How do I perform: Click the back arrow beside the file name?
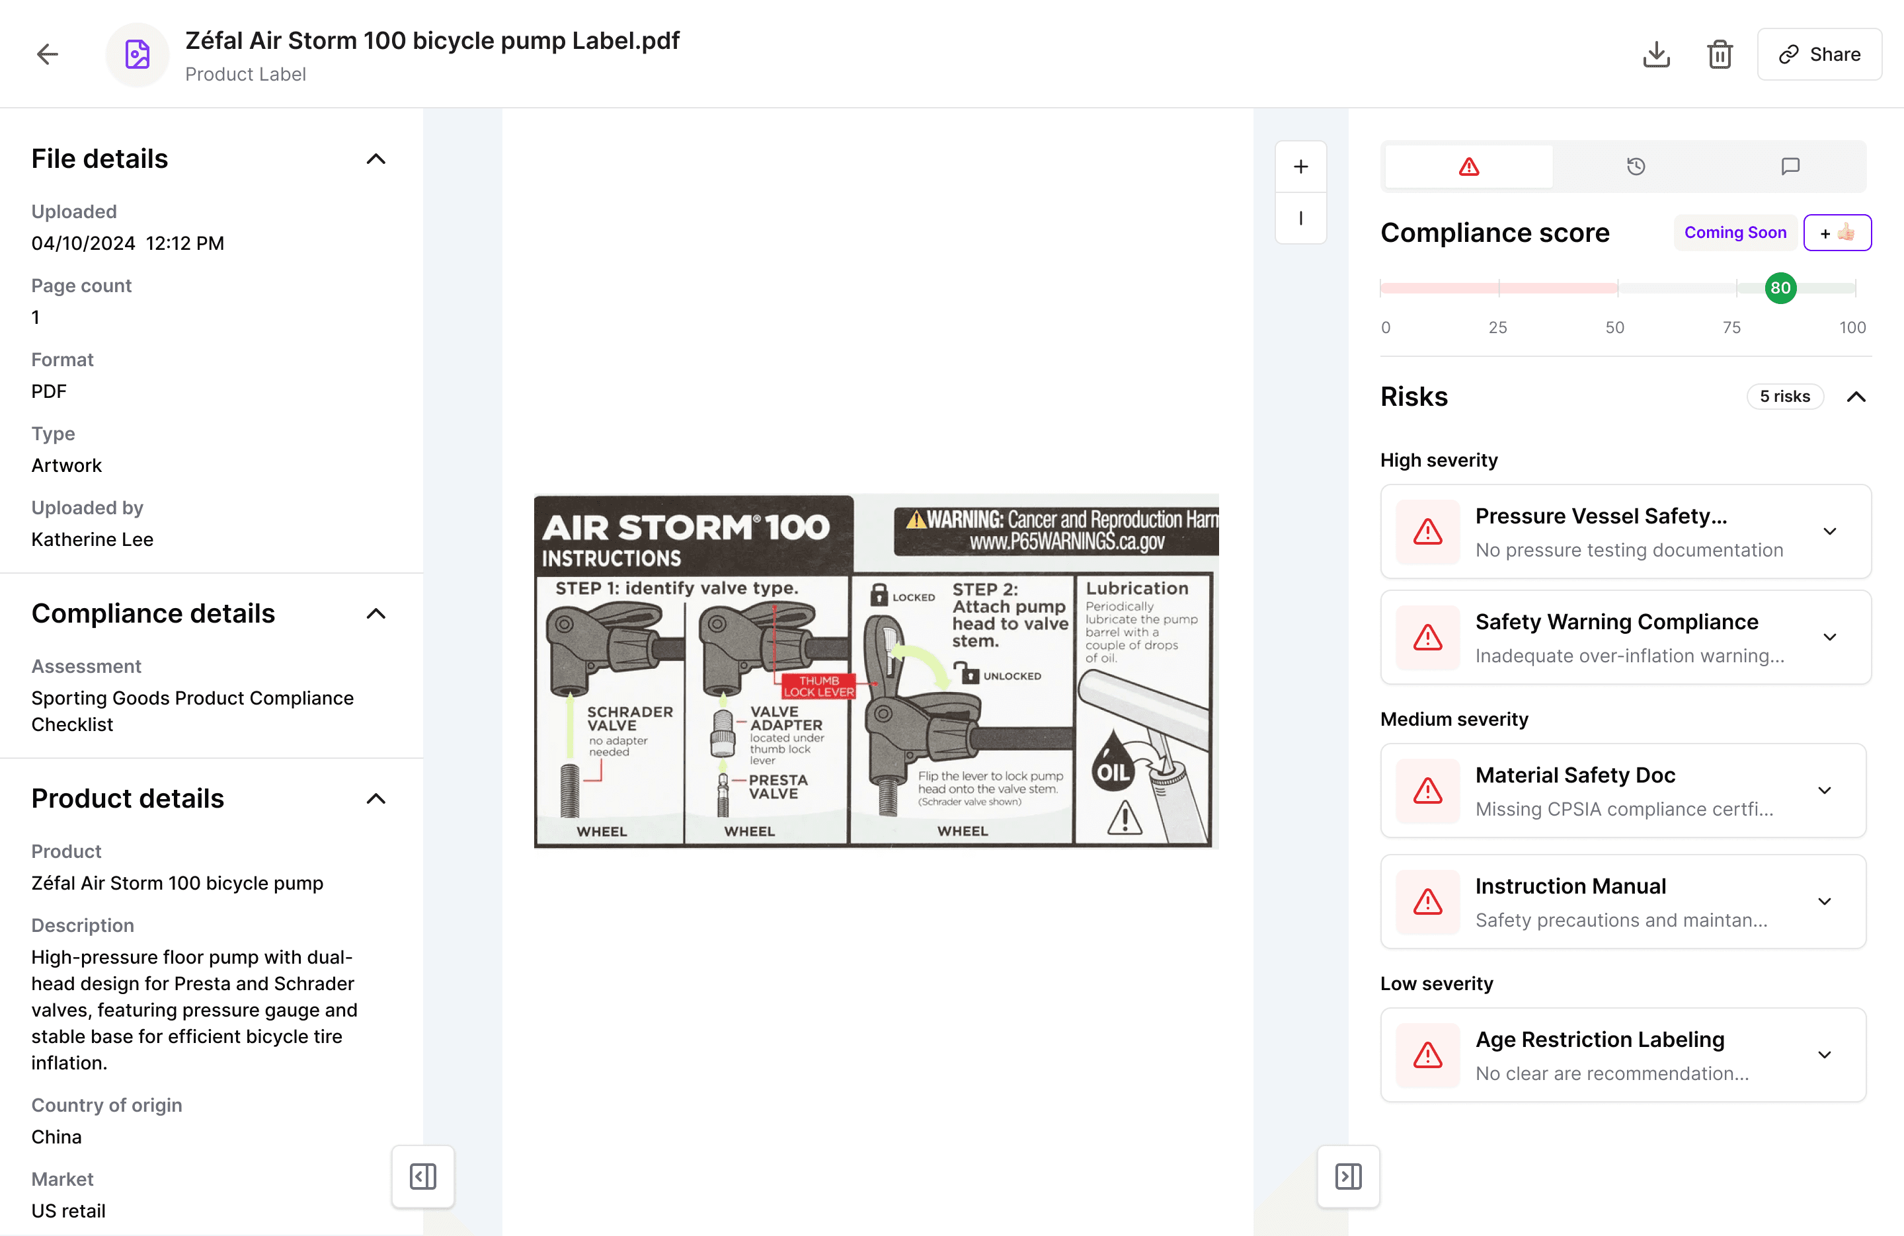(x=48, y=54)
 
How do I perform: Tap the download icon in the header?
(x=1656, y=54)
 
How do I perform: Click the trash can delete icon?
(x=1720, y=54)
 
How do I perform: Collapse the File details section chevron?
(x=376, y=159)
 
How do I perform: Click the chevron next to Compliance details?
(x=376, y=613)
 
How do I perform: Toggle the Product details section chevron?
(x=376, y=798)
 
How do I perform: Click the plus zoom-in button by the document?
(x=1301, y=167)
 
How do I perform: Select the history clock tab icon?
(x=1636, y=167)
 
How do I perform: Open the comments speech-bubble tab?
(x=1790, y=167)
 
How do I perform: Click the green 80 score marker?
(x=1781, y=288)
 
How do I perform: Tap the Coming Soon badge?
(x=1735, y=233)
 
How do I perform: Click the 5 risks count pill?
(x=1785, y=397)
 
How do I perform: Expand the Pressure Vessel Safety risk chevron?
(x=1829, y=531)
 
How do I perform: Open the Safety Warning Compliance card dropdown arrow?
(x=1829, y=637)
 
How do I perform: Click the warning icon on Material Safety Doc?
(x=1428, y=791)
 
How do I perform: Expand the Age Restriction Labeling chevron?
(x=1825, y=1054)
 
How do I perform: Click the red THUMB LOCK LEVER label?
(x=818, y=686)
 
